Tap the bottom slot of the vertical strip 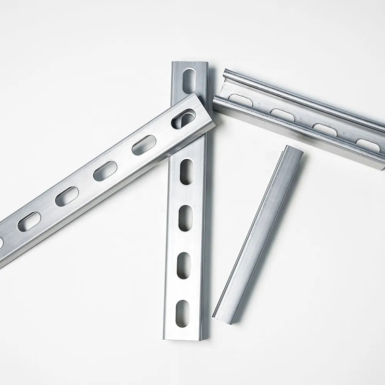click(183, 313)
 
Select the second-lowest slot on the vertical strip click(183, 265)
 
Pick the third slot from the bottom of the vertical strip click(185, 218)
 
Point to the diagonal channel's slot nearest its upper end click(183, 118)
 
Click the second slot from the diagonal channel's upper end click(144, 145)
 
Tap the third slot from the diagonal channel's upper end click(105, 171)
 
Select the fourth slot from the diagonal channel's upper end click(67, 196)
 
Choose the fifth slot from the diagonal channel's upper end click(29, 221)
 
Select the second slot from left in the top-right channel click(282, 115)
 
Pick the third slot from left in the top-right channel click(325, 129)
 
